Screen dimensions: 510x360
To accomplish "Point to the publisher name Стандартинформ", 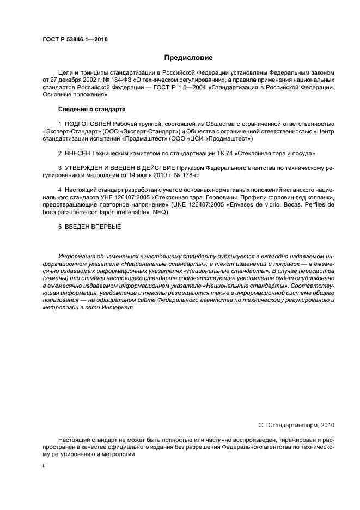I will coord(291,425).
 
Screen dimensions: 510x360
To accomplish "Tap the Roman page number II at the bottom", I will coord(44,467).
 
